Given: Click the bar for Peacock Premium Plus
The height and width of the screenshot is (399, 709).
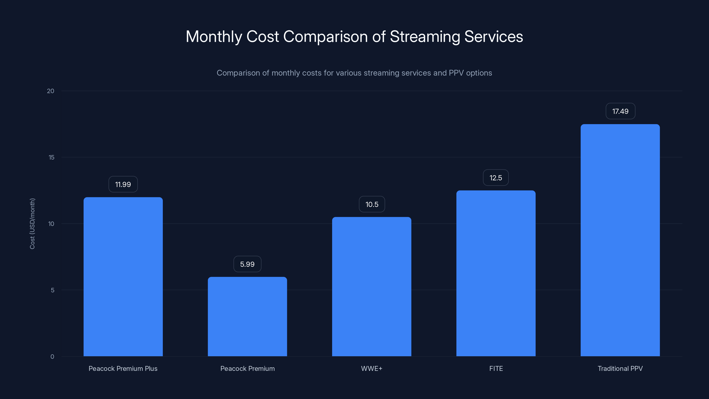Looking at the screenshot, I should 123,277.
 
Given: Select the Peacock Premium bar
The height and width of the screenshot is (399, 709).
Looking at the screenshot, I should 247,317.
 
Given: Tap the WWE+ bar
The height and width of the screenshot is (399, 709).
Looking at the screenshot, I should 372,287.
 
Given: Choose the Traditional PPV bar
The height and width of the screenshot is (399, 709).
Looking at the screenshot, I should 620,240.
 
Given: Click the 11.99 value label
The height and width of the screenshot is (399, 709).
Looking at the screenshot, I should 123,184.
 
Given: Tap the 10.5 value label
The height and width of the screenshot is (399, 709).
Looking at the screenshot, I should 372,204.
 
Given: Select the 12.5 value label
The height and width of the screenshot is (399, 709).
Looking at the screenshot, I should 496,178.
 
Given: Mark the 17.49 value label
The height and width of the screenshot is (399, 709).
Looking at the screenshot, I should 620,111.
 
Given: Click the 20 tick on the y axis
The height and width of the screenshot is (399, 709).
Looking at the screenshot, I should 51,91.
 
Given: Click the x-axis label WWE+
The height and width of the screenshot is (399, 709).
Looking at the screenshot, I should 372,369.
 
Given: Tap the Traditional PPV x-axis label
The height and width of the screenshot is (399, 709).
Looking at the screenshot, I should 620,369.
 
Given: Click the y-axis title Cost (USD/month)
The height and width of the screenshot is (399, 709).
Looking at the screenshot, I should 32,224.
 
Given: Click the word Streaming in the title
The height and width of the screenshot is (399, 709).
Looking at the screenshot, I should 425,37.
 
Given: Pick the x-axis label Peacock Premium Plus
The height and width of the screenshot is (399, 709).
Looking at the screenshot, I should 123,369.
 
